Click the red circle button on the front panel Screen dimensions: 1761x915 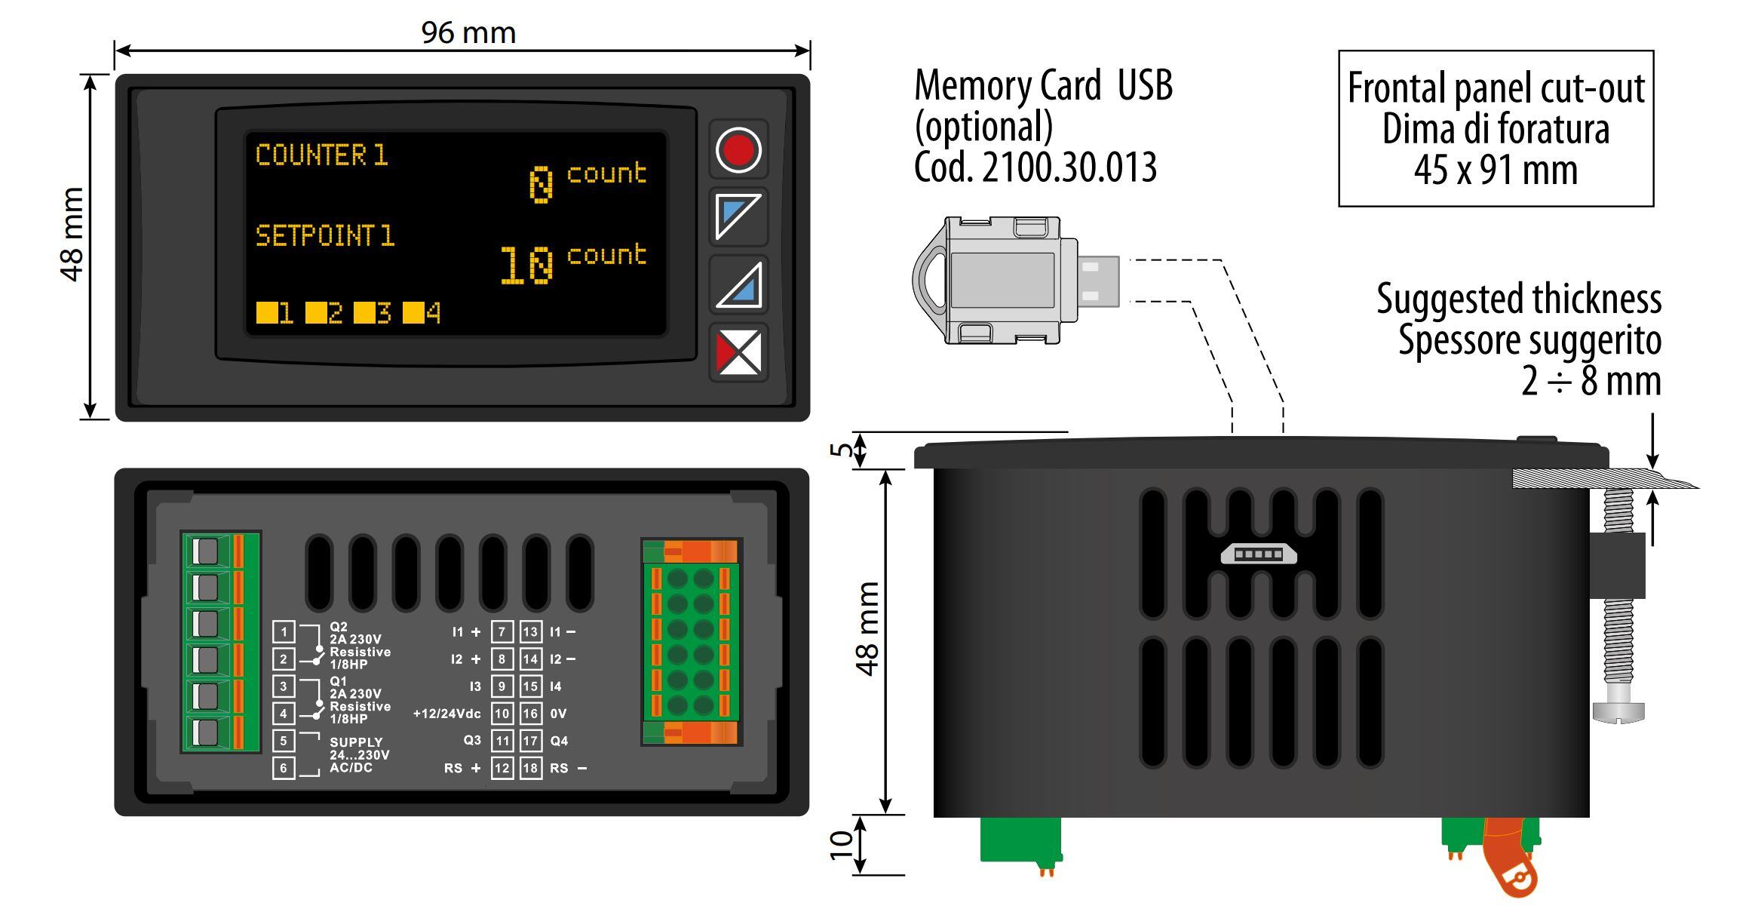point(738,149)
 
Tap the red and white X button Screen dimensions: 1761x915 point(738,352)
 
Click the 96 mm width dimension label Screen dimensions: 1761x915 point(468,32)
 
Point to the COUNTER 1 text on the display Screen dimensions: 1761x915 point(321,155)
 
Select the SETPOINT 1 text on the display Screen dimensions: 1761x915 point(325,235)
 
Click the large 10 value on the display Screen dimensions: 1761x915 point(526,265)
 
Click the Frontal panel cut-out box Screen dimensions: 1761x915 point(1496,128)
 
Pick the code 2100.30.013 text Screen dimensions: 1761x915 point(1035,167)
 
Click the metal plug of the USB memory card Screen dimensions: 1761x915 point(1098,281)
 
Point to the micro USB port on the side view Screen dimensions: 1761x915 point(1258,554)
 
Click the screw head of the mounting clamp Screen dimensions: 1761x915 point(1618,712)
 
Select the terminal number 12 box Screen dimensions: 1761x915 point(502,768)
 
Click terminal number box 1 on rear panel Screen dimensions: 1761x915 point(284,631)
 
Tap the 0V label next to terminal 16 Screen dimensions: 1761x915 point(558,714)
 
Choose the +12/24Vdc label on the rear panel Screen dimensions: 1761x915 point(446,714)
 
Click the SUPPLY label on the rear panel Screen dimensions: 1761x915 point(356,742)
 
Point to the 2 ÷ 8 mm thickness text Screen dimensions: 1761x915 point(1591,381)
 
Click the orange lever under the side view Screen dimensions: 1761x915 point(1510,860)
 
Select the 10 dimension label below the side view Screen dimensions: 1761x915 point(841,845)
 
